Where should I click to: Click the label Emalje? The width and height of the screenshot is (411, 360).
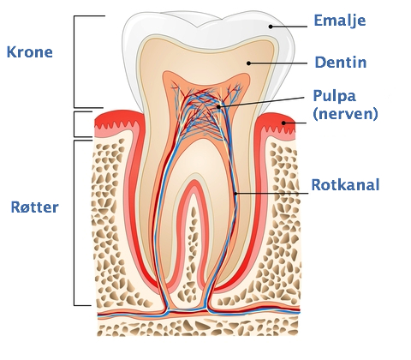(x=340, y=21)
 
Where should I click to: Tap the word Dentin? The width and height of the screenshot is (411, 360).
(x=341, y=63)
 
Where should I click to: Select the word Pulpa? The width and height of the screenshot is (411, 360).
(x=334, y=97)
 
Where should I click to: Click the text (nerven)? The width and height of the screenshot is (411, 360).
(x=345, y=114)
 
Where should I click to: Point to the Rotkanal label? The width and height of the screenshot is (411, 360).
(x=345, y=184)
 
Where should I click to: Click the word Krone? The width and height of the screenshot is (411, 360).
(x=30, y=52)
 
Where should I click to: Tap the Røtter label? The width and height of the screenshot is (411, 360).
(x=34, y=207)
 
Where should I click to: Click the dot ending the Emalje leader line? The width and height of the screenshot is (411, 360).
(x=270, y=27)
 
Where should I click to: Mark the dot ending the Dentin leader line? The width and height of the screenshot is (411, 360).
(x=248, y=63)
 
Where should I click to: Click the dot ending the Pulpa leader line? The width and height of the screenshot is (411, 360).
(x=218, y=107)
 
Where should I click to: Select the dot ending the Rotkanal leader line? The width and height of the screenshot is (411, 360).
(x=235, y=194)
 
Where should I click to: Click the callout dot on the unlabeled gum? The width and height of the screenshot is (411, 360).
(x=283, y=123)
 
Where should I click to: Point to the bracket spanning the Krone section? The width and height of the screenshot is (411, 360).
(x=74, y=62)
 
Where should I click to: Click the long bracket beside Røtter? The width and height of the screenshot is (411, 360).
(x=74, y=223)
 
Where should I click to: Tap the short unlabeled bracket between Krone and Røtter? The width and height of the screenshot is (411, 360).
(x=74, y=124)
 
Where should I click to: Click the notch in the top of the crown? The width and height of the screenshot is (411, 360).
(x=198, y=27)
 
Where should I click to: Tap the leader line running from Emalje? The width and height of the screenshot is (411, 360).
(x=289, y=27)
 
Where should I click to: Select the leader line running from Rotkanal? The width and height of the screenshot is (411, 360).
(x=272, y=194)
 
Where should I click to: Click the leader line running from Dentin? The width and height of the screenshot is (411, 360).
(x=278, y=63)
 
